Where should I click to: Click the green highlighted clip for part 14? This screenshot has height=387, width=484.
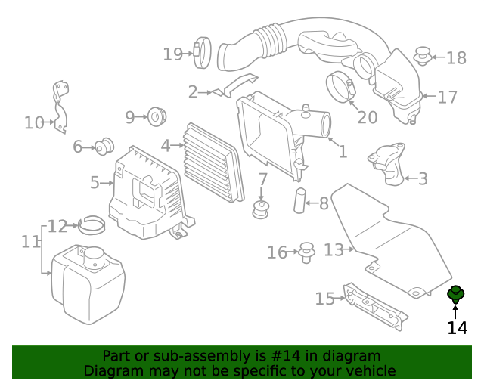pos(456,294)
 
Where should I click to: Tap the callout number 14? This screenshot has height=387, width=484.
pos(457,328)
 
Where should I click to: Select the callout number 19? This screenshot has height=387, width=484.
pos(173,54)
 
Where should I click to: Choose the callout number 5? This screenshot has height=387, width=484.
pos(95,182)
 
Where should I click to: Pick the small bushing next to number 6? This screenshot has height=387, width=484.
pos(104,146)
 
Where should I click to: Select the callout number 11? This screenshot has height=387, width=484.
pos(30,242)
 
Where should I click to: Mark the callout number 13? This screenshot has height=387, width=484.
pos(334,249)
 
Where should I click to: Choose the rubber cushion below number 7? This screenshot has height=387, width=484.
pos(262,210)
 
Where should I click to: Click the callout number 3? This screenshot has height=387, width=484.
pos(422,179)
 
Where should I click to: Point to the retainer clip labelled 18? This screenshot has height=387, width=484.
pos(424,55)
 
